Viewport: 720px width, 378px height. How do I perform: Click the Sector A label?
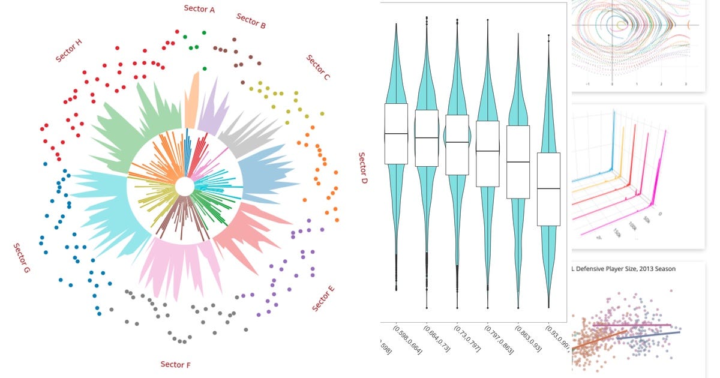pos(199,8)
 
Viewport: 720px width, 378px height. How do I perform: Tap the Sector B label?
pos(251,21)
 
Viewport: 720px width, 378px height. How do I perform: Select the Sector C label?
pos(318,67)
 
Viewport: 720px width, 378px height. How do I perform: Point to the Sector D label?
pos(362,167)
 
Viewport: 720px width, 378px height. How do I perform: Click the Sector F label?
pos(176,364)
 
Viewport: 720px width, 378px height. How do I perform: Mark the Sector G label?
pos(22,258)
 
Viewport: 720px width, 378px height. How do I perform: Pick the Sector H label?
pos(69,50)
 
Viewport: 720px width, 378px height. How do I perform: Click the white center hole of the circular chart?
pos(185,187)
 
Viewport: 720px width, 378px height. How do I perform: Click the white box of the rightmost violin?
pos(548,189)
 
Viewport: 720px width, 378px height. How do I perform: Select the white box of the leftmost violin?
pos(396,134)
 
